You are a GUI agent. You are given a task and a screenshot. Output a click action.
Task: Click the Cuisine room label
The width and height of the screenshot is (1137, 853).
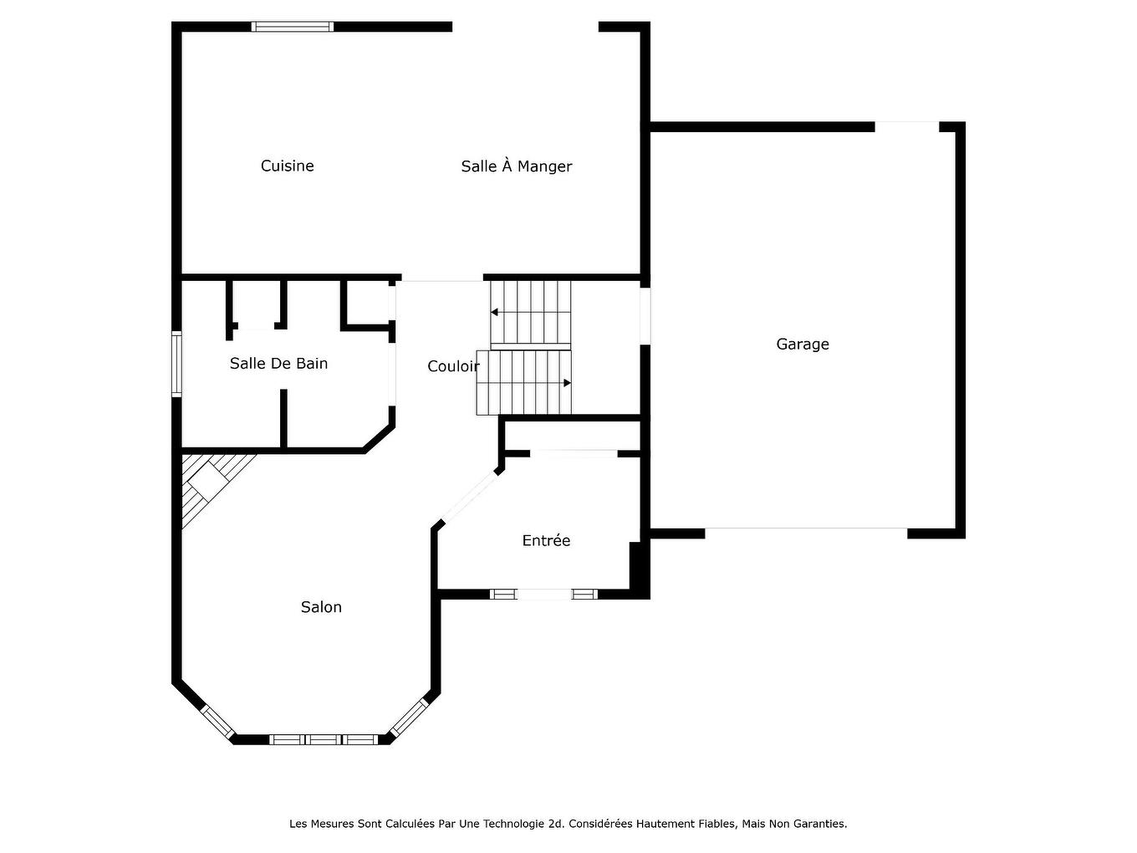[287, 166]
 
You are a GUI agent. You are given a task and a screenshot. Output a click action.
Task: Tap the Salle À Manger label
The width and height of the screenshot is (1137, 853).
[516, 166]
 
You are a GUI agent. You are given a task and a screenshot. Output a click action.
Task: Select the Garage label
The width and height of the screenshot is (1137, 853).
[802, 344]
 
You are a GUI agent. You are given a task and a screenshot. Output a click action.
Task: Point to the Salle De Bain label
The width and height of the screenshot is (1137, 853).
[278, 363]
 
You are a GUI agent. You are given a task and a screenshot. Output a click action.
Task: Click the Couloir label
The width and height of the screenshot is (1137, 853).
[453, 366]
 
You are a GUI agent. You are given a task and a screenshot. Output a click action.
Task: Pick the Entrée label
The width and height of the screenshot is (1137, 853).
[546, 540]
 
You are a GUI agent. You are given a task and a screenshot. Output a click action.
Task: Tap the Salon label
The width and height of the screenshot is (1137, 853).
[321, 607]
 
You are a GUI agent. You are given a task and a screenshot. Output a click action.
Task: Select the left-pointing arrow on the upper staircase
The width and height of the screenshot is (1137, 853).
[495, 313]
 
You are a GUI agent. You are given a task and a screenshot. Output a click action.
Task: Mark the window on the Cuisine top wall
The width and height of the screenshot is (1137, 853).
[293, 27]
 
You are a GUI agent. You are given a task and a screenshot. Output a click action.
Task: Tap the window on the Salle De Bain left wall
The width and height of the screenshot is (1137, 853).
[176, 364]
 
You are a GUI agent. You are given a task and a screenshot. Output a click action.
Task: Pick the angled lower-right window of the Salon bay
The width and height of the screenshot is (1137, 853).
[409, 718]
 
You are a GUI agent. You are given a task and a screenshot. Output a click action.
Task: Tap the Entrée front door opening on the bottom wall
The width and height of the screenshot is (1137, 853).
[543, 595]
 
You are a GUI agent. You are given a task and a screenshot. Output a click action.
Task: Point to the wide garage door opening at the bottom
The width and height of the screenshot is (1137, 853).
[806, 530]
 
